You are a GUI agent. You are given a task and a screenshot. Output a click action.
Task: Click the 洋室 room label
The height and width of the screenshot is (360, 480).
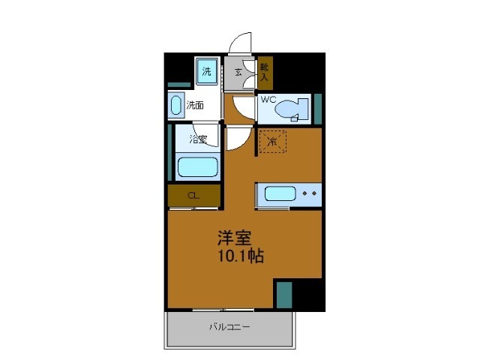(234, 238)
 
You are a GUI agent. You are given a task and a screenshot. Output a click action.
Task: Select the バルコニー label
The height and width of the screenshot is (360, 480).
(229, 327)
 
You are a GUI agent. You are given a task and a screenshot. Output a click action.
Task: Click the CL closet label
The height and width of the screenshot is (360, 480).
(193, 196)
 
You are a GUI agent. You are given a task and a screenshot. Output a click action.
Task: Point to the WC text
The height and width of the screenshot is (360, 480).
(269, 99)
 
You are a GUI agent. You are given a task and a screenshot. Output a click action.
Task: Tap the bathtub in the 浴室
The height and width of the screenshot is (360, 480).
(197, 166)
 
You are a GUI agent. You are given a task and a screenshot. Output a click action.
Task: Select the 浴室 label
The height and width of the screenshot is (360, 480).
(198, 139)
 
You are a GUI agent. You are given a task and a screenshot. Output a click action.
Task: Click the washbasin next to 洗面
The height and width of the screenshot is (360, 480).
(176, 105)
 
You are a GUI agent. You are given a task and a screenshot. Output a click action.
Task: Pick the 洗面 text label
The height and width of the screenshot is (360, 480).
(195, 105)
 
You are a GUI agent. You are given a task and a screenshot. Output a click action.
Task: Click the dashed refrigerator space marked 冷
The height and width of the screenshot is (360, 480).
(273, 140)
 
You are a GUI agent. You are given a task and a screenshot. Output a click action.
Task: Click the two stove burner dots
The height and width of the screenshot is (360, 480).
(309, 193)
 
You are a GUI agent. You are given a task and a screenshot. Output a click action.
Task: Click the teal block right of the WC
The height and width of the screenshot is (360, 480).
(317, 108)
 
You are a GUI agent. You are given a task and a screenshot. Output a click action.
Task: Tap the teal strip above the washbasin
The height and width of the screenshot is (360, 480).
(178, 85)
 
